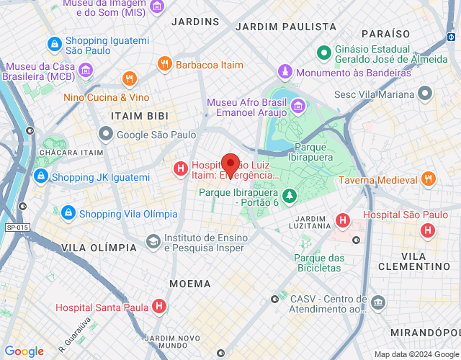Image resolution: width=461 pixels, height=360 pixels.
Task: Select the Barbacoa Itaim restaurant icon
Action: point(164,65)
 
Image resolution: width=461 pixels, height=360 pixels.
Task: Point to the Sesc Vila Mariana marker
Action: point(425,94)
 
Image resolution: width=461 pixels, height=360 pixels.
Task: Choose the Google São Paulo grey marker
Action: point(107,134)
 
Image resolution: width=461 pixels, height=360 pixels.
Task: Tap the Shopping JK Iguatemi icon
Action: point(40,176)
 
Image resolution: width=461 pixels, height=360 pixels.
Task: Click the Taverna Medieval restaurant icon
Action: point(429,179)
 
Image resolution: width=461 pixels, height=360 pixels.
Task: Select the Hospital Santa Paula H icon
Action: point(159,307)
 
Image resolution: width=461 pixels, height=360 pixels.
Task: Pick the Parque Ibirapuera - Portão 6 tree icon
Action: point(289,195)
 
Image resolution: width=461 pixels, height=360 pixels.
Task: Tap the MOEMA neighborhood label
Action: point(189,284)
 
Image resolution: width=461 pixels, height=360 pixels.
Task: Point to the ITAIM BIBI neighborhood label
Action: point(140,115)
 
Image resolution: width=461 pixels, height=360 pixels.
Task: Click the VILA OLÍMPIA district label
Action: point(99,248)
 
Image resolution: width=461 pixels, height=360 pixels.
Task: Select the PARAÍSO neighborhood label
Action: point(385,34)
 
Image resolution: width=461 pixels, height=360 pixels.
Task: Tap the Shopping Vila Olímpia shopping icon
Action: point(68,213)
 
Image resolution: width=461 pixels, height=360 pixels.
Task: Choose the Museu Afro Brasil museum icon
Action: point(297,108)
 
